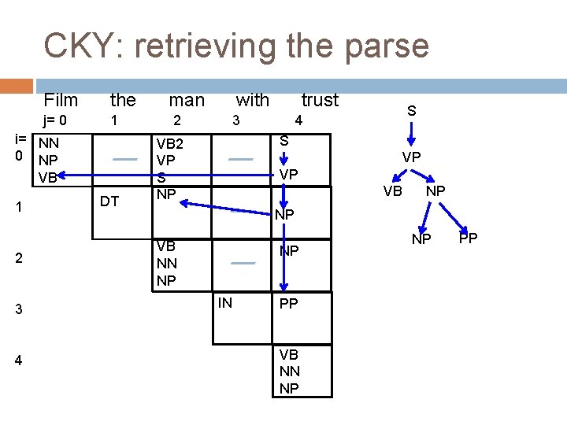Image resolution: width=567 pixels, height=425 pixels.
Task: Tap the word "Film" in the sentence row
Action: click(61, 100)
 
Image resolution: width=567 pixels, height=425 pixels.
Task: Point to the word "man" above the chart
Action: click(187, 100)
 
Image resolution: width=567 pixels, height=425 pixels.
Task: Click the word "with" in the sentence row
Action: click(252, 100)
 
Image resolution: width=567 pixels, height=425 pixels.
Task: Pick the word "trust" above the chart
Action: click(320, 100)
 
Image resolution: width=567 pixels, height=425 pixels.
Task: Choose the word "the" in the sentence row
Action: click(123, 100)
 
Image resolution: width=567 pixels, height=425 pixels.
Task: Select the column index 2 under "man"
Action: click(177, 121)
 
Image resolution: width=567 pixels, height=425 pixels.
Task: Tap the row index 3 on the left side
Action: click(19, 310)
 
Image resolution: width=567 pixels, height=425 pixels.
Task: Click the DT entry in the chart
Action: click(109, 201)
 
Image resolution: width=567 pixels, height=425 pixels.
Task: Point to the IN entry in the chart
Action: click(225, 302)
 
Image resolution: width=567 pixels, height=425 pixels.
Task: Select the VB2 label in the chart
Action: click(170, 144)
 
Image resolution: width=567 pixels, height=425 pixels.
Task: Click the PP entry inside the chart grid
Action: click(289, 303)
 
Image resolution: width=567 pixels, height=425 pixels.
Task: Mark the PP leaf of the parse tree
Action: click(468, 238)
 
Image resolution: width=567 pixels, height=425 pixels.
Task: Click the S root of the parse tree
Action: click(411, 112)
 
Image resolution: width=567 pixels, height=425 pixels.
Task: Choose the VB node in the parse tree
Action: click(392, 190)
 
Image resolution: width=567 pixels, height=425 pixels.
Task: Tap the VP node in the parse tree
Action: click(411, 157)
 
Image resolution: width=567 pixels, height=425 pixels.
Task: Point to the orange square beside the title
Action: click(21, 85)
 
